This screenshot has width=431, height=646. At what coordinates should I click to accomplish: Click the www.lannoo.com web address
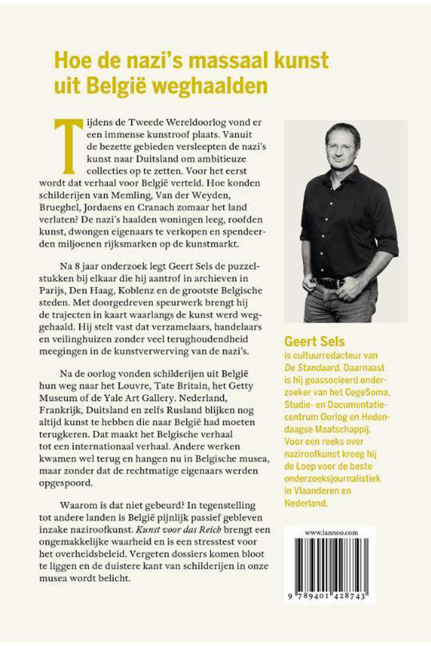pyautogui.click(x=331, y=533)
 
